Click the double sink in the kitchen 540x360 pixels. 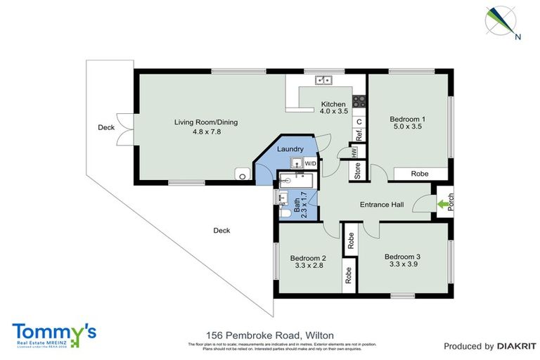pyautogui.click(x=323, y=80)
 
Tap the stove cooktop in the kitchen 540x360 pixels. pyautogui.click(x=359, y=101)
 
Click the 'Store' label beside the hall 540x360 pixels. pyautogui.click(x=357, y=171)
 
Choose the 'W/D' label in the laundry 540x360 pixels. pyautogui.click(x=310, y=163)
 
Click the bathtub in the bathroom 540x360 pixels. pyautogui.click(x=295, y=181)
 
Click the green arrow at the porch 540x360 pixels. pyautogui.click(x=443, y=205)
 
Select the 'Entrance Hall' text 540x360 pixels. pyautogui.click(x=381, y=205)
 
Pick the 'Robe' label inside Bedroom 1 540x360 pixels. pyautogui.click(x=420, y=174)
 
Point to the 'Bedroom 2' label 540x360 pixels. pyautogui.click(x=308, y=257)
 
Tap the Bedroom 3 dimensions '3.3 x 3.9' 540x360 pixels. pyautogui.click(x=401, y=265)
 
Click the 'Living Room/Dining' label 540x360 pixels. pyautogui.click(x=206, y=122)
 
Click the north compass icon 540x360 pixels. pyautogui.click(x=502, y=21)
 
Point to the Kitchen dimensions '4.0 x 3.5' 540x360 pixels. pyautogui.click(x=334, y=111)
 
